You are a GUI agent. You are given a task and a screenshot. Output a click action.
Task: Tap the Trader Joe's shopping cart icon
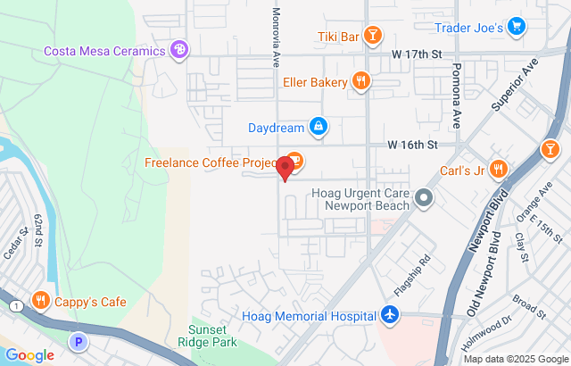(x=516, y=28)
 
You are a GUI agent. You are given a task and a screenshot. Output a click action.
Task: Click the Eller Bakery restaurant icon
(x=360, y=82)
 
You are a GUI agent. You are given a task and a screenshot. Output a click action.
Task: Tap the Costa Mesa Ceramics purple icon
(x=180, y=50)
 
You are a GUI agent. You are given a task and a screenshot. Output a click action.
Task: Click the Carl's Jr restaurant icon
(x=499, y=169)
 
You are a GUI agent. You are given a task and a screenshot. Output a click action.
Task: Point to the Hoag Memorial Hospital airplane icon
(x=389, y=314)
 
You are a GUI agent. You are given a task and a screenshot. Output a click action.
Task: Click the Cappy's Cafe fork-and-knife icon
(x=40, y=301)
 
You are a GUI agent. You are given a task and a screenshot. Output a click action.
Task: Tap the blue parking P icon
(x=79, y=341)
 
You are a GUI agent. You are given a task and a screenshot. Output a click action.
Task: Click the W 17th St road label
(x=416, y=54)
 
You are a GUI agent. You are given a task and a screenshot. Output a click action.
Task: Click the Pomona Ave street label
(x=455, y=94)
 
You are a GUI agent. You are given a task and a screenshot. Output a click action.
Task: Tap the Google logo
(x=29, y=354)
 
